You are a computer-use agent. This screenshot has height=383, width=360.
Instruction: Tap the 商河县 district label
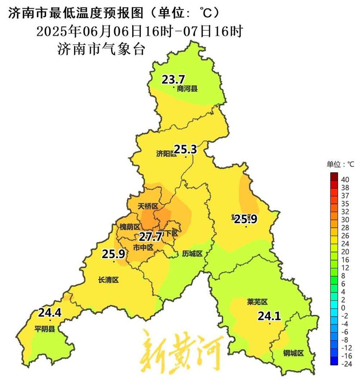click(187, 89)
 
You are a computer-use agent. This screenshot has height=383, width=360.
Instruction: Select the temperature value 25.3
click(185, 149)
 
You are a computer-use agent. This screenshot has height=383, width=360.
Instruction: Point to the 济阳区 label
click(166, 154)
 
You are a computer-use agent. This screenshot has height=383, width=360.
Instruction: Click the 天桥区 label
click(148, 206)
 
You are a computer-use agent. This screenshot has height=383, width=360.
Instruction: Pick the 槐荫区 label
click(130, 227)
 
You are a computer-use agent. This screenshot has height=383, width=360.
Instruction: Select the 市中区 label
click(143, 248)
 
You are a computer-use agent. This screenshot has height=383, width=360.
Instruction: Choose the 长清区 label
click(108, 280)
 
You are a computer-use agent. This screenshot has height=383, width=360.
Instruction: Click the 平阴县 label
click(45, 329)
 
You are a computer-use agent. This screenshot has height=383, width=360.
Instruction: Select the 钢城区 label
click(293, 353)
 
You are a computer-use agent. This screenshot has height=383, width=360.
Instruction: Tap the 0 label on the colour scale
click(343, 307)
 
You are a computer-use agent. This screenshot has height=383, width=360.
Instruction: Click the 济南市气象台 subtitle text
click(101, 49)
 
